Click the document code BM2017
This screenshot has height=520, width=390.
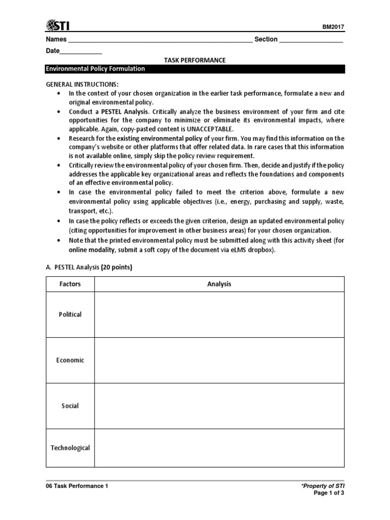(334, 27)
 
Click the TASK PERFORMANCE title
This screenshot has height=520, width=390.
(194, 60)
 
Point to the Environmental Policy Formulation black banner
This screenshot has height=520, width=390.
(195, 69)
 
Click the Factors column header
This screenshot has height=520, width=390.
(70, 284)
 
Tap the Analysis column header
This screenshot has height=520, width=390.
(219, 284)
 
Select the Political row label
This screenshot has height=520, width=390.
(70, 315)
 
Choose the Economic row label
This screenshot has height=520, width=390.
(70, 361)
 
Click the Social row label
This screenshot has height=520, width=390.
(70, 406)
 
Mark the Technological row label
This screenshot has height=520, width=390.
(70, 448)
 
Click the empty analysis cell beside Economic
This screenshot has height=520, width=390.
(219, 361)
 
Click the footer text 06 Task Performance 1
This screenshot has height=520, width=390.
(77, 486)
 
